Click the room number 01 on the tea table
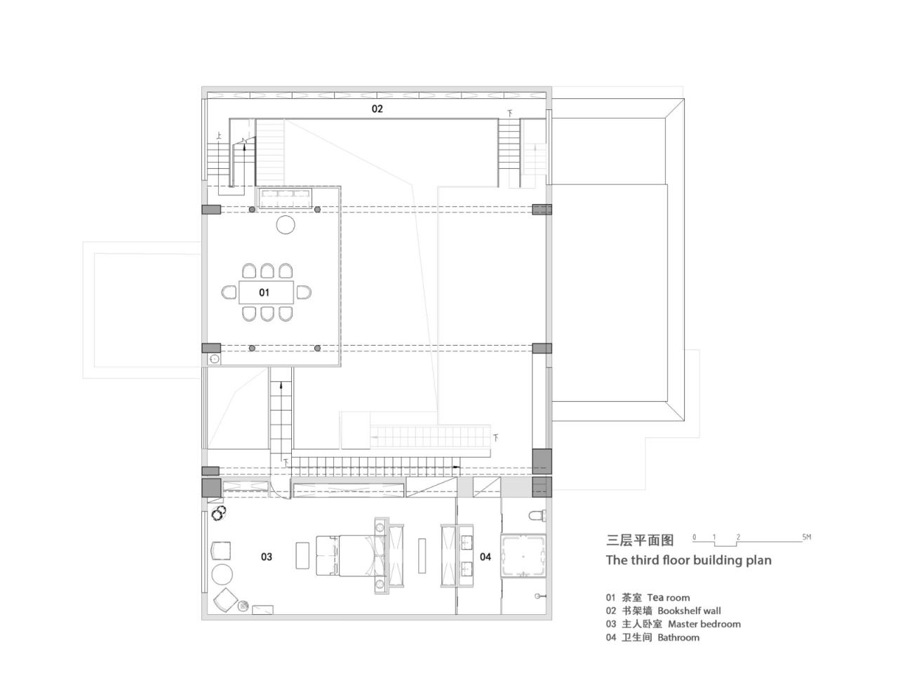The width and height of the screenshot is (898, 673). (264, 292)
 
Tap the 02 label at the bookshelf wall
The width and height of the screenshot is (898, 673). (377, 109)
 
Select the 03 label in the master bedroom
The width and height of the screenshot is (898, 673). (267, 557)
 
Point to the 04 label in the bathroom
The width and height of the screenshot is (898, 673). (485, 557)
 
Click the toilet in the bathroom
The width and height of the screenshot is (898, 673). (537, 515)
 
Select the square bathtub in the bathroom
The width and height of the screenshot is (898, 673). (524, 555)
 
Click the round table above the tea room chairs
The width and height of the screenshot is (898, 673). (286, 224)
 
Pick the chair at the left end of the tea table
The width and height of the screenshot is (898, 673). (229, 292)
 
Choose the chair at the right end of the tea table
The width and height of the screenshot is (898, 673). (303, 292)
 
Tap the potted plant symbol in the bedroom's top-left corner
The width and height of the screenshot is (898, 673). (217, 513)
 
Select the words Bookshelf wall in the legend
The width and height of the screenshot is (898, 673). (689, 611)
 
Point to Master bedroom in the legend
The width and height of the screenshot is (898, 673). (704, 624)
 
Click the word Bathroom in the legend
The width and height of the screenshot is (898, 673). (678, 637)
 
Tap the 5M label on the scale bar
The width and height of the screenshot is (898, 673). (806, 538)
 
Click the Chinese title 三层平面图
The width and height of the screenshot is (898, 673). (640, 540)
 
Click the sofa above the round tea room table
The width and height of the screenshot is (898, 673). (286, 198)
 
